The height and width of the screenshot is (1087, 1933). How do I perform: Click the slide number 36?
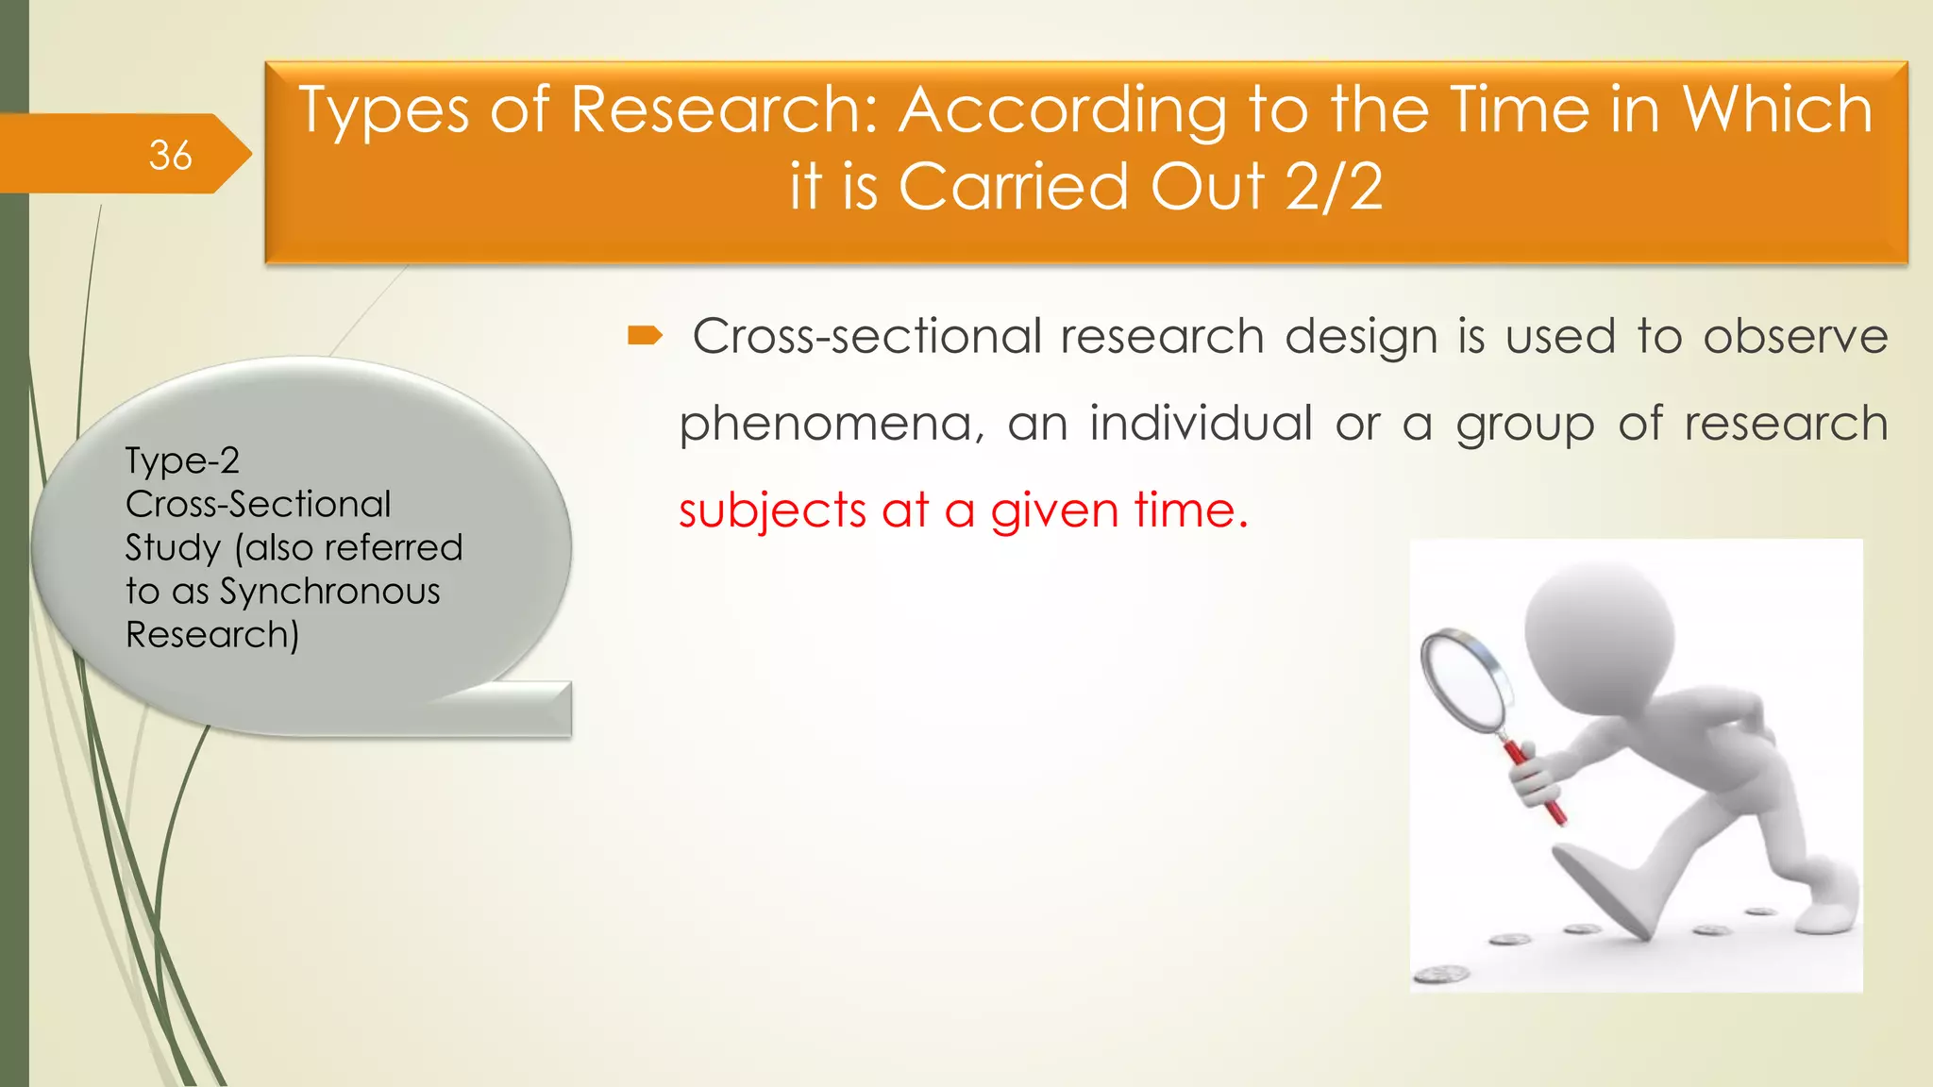(170, 155)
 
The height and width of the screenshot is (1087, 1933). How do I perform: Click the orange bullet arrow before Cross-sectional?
(646, 335)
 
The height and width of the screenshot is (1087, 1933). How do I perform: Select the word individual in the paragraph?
(1201, 423)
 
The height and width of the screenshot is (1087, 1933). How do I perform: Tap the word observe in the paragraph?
(1794, 336)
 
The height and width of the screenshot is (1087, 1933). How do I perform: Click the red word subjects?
(772, 510)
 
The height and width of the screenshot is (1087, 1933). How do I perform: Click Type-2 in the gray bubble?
(182, 460)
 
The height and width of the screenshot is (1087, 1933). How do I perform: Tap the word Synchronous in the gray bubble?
(329, 592)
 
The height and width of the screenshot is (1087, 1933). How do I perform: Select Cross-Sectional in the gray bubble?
(258, 504)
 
